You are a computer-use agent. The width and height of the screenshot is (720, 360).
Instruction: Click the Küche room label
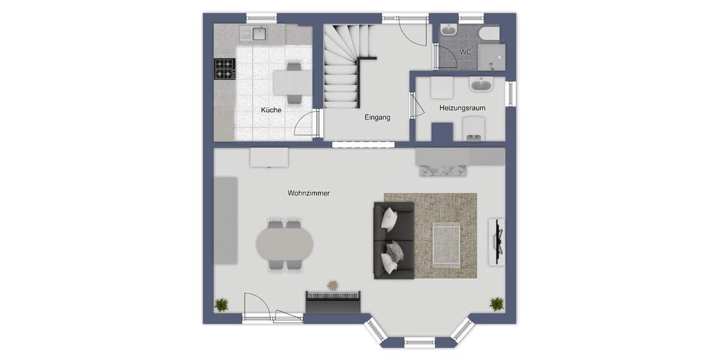pos(271,110)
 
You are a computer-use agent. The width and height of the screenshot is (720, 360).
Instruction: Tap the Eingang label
pos(377,118)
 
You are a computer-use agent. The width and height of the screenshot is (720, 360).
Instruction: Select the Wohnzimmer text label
pos(308,193)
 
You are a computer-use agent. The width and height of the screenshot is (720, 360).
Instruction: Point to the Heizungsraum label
pos(462,108)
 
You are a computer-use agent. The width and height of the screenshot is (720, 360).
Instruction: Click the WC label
pos(465,52)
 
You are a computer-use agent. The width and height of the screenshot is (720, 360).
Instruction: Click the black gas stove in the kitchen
pos(225,68)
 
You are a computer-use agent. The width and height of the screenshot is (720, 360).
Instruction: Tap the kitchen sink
pos(259,34)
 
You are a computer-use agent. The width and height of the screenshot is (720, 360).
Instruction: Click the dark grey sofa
pos(394,240)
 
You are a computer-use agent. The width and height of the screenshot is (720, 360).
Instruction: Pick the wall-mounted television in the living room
pos(496,240)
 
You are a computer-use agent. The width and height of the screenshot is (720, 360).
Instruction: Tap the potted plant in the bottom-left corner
pos(222,304)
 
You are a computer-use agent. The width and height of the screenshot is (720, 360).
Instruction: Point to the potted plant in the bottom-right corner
pos(496,304)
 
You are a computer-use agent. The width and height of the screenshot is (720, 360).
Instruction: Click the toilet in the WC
pos(488,32)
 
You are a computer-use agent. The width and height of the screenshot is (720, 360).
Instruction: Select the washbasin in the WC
pos(448,31)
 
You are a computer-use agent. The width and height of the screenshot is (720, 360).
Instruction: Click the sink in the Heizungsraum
pos(481,85)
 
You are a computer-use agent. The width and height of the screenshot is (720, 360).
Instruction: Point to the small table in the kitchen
pos(292,82)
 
